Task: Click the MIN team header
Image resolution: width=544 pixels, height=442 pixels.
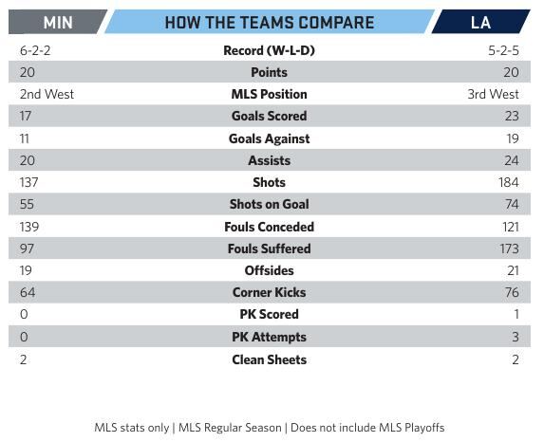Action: [x=57, y=23]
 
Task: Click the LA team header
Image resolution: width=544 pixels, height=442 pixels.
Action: [x=480, y=23]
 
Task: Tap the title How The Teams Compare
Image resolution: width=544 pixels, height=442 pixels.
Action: [x=269, y=23]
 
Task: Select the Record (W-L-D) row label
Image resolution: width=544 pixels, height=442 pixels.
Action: [x=269, y=50]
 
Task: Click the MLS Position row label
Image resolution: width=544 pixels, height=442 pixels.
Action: [x=269, y=94]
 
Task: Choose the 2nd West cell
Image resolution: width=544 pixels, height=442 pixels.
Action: [x=47, y=94]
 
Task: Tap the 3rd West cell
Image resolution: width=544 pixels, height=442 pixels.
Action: [x=492, y=94]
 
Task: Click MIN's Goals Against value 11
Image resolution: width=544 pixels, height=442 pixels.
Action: [x=26, y=138]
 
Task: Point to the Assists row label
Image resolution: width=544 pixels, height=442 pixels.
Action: [x=269, y=160]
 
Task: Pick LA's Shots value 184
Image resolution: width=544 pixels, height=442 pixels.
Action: [x=507, y=182]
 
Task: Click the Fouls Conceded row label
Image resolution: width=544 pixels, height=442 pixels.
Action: [x=269, y=227]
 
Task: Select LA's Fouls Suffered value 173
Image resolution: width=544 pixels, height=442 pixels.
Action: [x=507, y=249]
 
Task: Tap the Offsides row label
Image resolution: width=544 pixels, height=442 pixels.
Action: [x=269, y=270]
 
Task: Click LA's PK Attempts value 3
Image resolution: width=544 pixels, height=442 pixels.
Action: [x=515, y=337]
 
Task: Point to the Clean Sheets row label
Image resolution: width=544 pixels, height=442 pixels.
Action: [x=269, y=359]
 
